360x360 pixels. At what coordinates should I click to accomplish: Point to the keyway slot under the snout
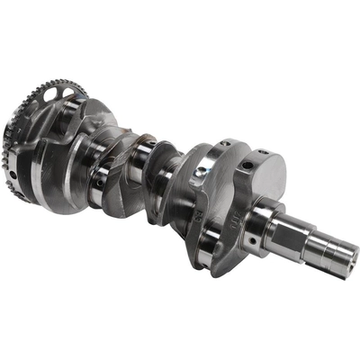pyautogui.click(x=314, y=262)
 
